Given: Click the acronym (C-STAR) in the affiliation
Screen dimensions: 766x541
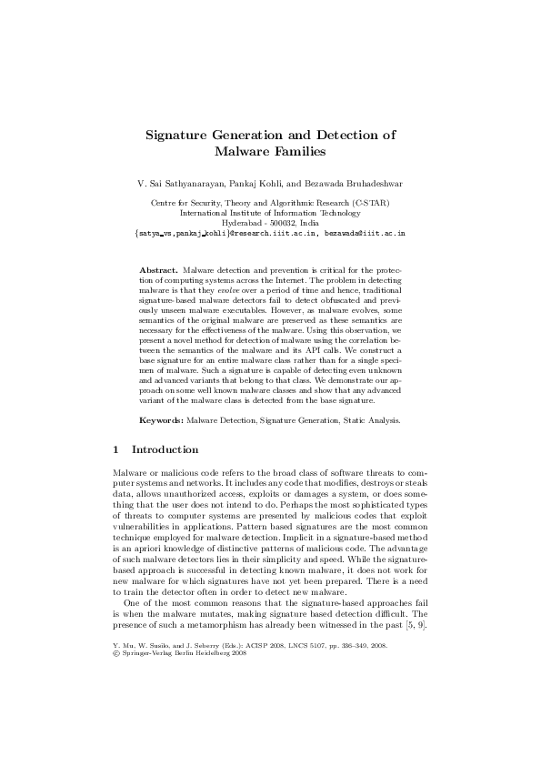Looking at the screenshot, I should (x=374, y=203).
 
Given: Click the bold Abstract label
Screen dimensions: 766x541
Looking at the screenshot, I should (x=159, y=270).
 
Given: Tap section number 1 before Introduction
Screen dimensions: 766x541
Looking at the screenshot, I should (x=115, y=449).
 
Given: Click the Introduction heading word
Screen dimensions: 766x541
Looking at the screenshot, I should (x=165, y=449).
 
